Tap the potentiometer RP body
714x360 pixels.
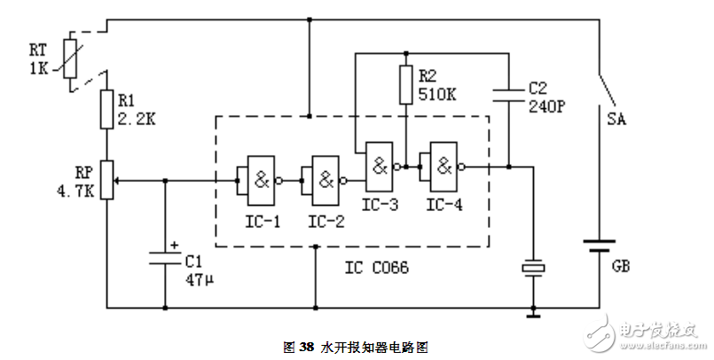point(106,179)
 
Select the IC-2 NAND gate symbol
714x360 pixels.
point(320,179)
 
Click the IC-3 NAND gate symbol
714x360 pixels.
point(380,165)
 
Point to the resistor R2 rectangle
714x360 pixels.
point(405,84)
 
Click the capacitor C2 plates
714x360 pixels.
point(508,91)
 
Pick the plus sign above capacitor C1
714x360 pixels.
point(175,245)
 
